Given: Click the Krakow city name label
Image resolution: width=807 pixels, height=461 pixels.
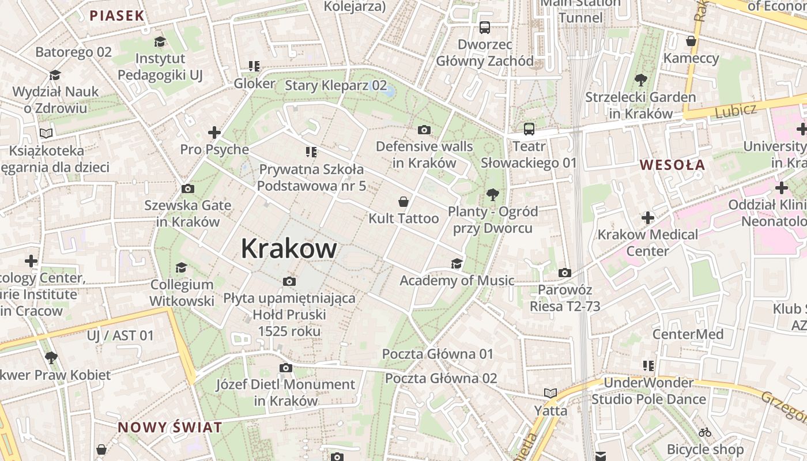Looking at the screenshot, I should tap(289, 248).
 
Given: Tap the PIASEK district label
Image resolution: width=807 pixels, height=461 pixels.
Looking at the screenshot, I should tap(116, 16).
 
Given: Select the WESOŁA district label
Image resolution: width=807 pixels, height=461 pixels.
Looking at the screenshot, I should tap(672, 165).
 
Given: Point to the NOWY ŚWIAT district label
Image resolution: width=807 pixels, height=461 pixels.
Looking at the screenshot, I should tap(170, 428).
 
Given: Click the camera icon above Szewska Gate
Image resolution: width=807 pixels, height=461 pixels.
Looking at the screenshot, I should tap(187, 188).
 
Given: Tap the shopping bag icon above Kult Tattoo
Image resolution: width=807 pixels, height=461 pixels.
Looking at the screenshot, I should tap(403, 202).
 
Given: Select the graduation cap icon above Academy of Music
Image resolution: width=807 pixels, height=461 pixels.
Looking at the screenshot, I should tap(457, 263).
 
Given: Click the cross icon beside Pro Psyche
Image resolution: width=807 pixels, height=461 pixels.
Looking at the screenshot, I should tap(214, 133).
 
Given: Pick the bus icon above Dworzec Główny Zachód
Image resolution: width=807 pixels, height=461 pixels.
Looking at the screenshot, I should tap(484, 27).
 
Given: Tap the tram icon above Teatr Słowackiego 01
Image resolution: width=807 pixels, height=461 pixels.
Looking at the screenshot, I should tap(529, 129).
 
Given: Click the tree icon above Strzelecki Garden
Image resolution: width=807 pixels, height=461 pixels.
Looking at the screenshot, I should tap(640, 80).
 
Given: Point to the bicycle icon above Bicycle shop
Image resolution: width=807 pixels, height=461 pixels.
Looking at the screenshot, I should tap(704, 432).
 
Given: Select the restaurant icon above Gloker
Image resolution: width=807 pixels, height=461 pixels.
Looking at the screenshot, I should tap(254, 66).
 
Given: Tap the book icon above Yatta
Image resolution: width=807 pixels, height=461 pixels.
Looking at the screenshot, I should tap(550, 393).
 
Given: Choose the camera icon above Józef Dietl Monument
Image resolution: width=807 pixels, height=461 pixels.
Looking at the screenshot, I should tap(285, 368).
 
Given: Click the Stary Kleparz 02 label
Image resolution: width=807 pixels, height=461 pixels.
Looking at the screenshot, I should tap(336, 86).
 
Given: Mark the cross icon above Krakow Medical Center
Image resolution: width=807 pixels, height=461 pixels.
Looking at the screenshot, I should tap(648, 217).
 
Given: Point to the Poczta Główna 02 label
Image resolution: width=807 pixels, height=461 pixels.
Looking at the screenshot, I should tap(441, 379).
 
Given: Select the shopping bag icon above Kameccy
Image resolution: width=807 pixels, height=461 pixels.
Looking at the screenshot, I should tap(691, 41).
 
